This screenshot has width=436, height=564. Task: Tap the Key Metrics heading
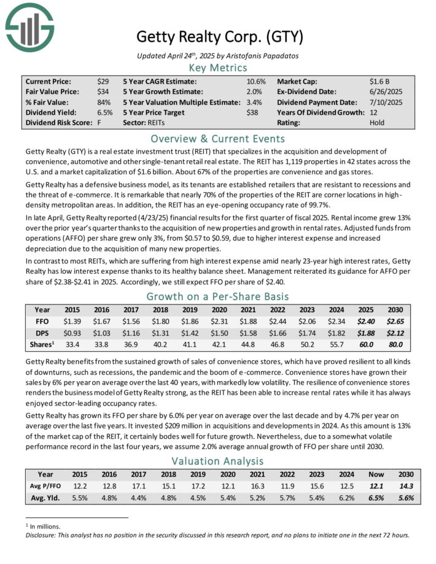[x=218, y=68]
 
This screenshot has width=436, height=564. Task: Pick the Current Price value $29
[x=103, y=81]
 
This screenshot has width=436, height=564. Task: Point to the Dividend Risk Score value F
[x=99, y=123]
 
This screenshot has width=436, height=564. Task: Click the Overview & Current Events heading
[x=218, y=138]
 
